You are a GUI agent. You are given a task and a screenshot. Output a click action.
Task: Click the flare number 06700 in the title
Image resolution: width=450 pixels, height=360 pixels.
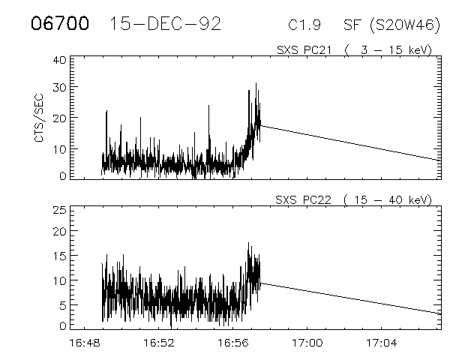tap(61, 24)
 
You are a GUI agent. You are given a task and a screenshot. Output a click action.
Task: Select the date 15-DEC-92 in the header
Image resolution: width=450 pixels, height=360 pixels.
tap(165, 24)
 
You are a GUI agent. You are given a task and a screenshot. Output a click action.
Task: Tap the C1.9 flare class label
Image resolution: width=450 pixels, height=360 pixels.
tap(305, 25)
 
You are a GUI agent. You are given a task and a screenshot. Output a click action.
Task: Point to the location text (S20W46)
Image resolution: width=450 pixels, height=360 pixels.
tap(403, 25)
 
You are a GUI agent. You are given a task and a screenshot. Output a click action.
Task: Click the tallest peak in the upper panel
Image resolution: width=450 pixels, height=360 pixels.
tap(256, 84)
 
